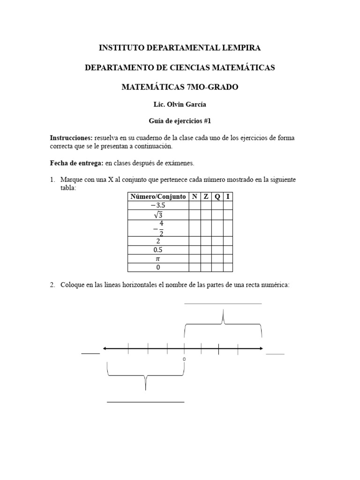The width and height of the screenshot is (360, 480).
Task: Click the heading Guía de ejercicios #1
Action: (180, 121)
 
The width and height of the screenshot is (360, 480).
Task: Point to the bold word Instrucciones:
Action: (71, 138)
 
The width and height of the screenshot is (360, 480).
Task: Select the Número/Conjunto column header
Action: (157, 197)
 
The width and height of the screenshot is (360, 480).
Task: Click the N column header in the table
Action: (195, 197)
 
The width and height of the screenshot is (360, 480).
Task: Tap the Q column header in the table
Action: (217, 197)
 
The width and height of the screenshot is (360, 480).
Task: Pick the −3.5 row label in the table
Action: (157, 206)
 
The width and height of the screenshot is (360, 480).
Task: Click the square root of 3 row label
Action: (157, 215)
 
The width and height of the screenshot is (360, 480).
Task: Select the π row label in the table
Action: (157, 258)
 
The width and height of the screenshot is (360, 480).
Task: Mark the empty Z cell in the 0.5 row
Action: (206, 250)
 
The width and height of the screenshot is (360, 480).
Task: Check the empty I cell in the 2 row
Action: (228, 241)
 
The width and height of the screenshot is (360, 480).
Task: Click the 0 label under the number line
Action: (184, 359)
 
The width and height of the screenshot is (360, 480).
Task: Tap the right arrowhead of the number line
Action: (261, 348)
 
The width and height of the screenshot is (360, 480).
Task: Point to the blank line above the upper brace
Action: (223, 303)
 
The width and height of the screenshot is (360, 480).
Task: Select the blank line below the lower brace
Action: (145, 402)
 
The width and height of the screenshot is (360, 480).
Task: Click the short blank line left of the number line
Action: (90, 353)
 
